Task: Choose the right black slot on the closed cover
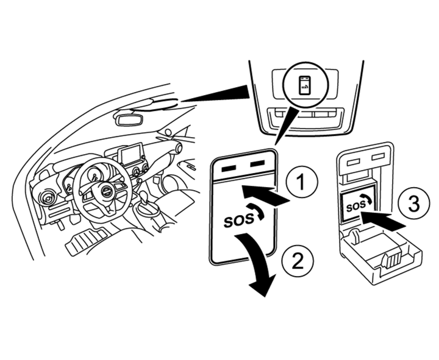pos(259,164)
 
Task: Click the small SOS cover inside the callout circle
pos(305,86)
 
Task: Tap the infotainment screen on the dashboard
pos(131,155)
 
